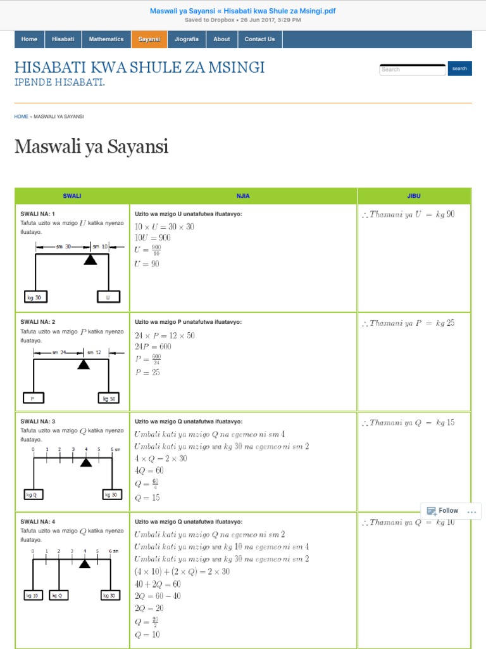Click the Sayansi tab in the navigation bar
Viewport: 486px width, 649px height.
[149, 39]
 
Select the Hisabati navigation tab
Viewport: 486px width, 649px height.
[63, 39]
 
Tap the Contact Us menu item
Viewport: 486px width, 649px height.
[259, 39]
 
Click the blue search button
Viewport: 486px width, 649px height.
[459, 68]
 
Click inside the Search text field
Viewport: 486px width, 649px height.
[412, 69]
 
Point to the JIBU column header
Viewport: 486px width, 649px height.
[414, 196]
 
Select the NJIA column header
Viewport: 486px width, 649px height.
[243, 196]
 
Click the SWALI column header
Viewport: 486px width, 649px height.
[72, 196]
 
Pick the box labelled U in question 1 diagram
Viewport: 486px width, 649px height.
[108, 297]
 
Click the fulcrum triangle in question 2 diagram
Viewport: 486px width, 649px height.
[83, 364]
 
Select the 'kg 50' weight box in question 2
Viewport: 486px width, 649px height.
[108, 399]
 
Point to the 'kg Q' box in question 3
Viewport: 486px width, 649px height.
[34, 494]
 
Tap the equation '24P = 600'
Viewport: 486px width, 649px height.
[153, 347]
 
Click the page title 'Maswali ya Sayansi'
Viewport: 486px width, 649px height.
[91, 147]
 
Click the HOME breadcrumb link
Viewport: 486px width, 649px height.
[21, 117]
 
